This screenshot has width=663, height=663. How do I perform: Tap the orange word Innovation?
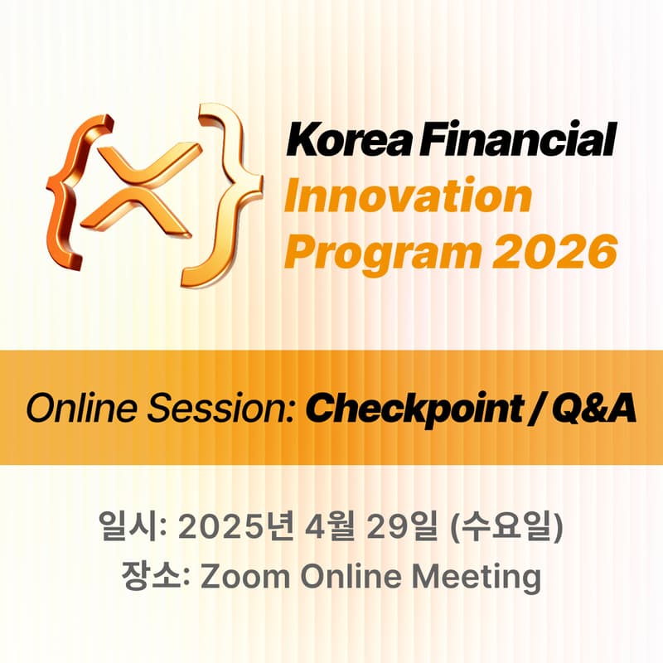click(x=407, y=196)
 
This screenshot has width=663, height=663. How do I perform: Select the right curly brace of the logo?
click(x=223, y=195)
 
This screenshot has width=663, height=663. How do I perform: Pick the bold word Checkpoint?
click(x=399, y=408)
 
